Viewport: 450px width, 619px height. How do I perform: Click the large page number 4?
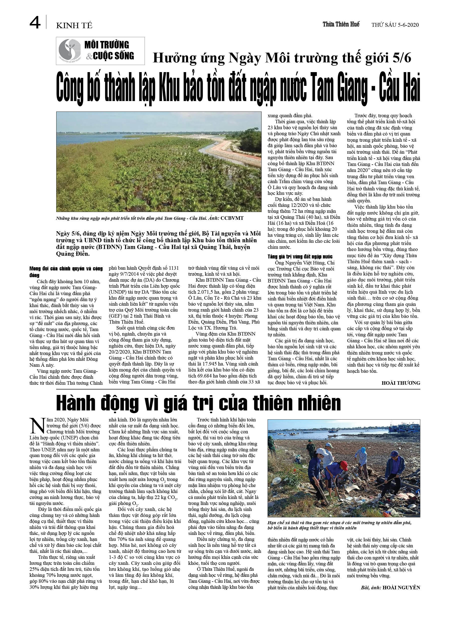coord(35,23)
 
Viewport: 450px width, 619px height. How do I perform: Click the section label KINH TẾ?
coord(74,26)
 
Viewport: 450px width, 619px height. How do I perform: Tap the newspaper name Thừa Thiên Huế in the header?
coord(341,24)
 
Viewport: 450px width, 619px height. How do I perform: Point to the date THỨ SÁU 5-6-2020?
coord(395,25)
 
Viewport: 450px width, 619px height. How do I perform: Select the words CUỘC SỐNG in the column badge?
coord(113,56)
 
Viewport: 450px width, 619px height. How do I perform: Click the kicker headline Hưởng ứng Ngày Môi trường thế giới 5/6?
coord(282,58)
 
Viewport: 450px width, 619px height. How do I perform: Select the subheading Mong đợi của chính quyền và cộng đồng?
coord(66,271)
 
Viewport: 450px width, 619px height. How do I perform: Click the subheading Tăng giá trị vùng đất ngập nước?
coord(300,256)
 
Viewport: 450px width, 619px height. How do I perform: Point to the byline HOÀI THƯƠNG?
coord(401,383)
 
